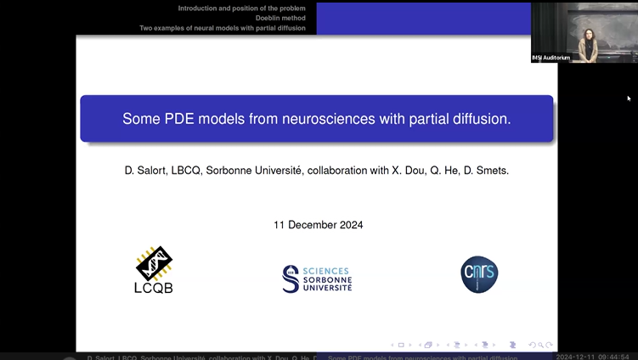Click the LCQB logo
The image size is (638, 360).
(154, 270)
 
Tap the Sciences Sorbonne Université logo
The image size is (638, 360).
(317, 278)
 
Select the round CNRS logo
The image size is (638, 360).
(479, 274)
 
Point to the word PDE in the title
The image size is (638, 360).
(178, 119)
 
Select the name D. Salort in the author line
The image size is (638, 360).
(148, 171)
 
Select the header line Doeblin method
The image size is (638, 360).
(286, 18)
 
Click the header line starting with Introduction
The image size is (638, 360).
(247, 8)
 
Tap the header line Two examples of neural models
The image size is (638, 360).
(228, 28)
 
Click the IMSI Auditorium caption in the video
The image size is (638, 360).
(550, 58)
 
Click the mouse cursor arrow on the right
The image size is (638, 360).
(630, 98)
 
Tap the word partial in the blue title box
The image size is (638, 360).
(426, 119)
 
